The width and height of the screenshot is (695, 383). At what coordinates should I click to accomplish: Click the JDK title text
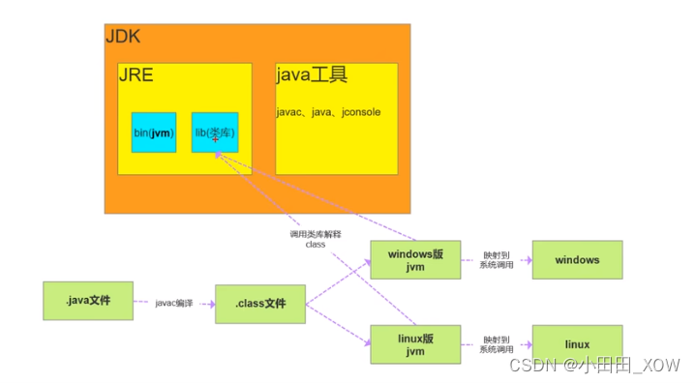point(123,36)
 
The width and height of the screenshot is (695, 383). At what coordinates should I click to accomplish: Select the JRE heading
point(136,75)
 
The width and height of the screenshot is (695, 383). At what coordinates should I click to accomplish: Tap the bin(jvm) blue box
point(154,132)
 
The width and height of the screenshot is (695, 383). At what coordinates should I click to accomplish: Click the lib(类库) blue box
point(215,132)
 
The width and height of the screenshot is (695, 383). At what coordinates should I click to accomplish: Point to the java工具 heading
point(312,75)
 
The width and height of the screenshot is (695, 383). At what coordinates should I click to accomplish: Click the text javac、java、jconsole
point(328,112)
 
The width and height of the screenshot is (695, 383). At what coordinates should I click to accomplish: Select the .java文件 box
point(87,301)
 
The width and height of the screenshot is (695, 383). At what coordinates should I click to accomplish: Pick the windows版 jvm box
point(415,260)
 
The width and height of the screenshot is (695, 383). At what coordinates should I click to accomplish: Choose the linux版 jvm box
point(415,343)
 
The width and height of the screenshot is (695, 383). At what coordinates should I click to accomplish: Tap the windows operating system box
point(577,260)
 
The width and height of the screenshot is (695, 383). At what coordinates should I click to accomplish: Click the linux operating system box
point(577,343)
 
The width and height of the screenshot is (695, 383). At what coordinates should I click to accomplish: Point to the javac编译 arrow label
point(174,304)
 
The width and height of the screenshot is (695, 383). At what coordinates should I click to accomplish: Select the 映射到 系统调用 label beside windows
point(496,260)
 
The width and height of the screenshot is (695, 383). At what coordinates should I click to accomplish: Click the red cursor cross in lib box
point(215,139)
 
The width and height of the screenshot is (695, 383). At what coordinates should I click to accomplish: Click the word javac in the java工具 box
point(288,112)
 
